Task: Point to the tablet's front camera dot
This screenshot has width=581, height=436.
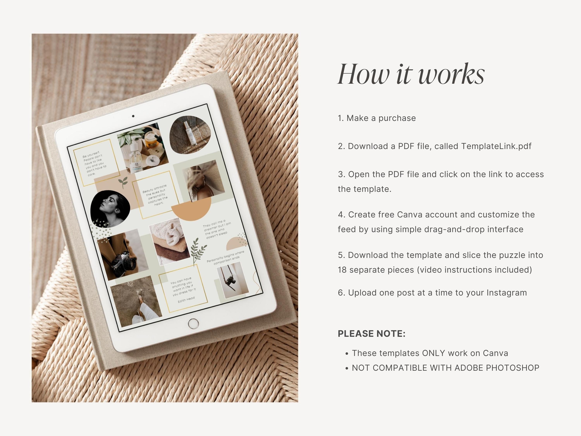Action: point(133,116)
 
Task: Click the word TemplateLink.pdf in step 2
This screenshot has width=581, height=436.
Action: point(496,146)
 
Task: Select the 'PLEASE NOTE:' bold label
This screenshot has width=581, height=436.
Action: point(372,333)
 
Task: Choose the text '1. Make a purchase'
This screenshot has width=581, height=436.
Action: point(377,118)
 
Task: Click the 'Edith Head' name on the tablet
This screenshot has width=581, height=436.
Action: point(186,300)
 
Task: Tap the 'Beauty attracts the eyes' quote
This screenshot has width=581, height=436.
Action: point(156,195)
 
